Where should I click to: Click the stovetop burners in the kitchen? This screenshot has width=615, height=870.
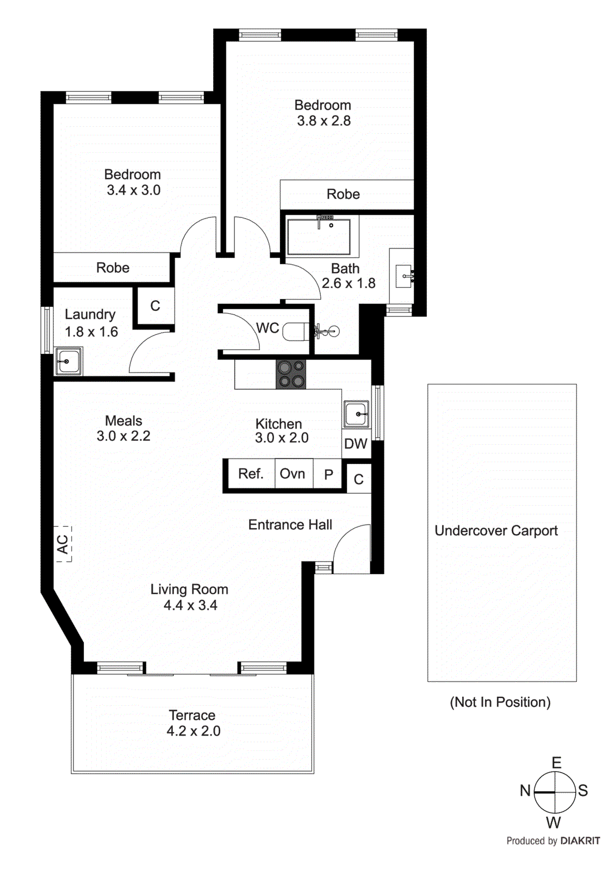point(291,375)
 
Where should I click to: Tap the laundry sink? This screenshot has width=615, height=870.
point(69,361)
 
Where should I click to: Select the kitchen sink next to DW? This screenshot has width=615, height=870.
point(356,415)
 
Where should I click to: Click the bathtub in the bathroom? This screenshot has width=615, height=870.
point(319,237)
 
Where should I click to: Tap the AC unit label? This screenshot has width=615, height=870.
point(63,544)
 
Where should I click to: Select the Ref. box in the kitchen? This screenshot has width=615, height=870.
point(251,474)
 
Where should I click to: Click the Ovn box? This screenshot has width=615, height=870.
point(293,474)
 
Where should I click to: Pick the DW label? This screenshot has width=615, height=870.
point(356,444)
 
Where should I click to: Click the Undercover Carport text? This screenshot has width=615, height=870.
point(496,531)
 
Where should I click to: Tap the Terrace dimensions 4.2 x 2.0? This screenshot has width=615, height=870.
point(193,731)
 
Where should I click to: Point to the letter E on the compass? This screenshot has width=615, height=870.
point(556,763)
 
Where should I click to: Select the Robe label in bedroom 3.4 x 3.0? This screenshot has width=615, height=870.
point(113,268)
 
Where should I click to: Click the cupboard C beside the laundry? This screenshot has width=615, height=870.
point(155,306)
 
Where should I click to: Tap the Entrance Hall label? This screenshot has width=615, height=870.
point(290,525)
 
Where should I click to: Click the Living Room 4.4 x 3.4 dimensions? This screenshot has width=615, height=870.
point(190,605)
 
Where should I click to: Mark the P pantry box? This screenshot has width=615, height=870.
point(328,475)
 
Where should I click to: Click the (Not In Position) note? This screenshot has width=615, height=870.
point(500,702)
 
